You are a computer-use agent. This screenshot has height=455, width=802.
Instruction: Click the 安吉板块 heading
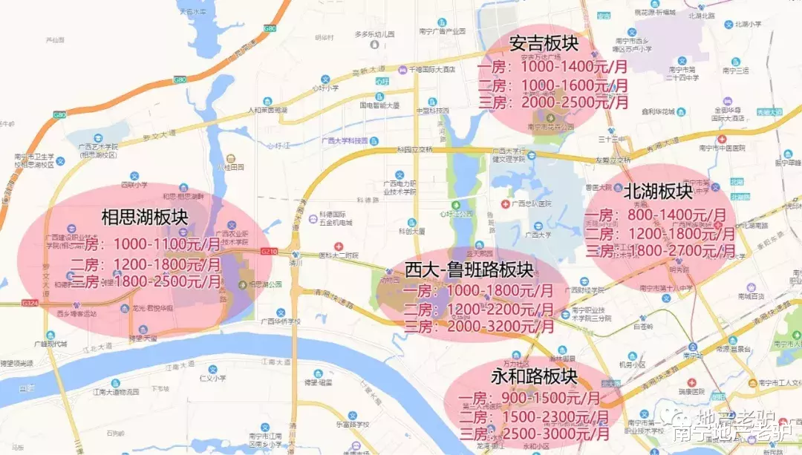543,44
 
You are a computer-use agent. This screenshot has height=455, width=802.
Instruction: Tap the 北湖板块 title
658,192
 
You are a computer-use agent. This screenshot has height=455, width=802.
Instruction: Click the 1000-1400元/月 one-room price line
552,66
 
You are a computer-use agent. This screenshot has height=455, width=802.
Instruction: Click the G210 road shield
269,252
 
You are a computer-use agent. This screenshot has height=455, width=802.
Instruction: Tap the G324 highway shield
30,303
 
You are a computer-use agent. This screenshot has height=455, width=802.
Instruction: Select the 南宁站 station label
699,356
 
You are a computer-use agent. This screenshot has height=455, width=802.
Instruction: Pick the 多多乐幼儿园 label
373,34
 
